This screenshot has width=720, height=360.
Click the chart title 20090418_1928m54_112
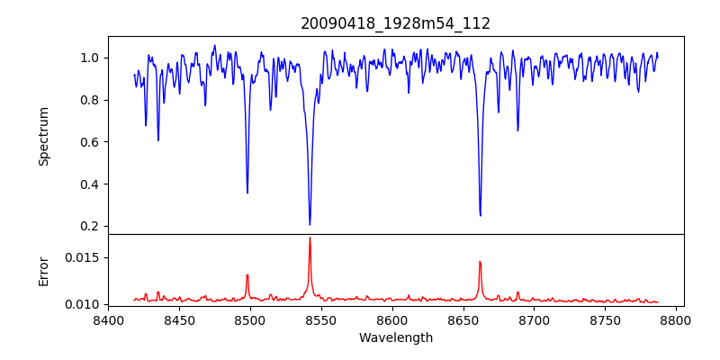(x=395, y=23)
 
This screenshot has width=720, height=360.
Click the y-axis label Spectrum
(x=43, y=136)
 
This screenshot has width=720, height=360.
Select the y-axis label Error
(x=43, y=271)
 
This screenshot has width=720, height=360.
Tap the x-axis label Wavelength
(x=395, y=338)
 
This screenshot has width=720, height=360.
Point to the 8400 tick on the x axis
(x=108, y=319)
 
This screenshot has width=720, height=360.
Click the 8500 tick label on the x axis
(x=250, y=319)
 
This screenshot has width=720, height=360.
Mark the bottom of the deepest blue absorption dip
(x=310, y=224)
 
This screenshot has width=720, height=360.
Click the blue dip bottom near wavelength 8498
(x=247, y=193)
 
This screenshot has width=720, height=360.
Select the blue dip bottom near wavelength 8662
(x=480, y=215)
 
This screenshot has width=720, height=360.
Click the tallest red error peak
(x=310, y=238)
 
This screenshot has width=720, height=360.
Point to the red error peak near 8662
(x=480, y=262)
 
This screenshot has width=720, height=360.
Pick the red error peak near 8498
(x=247, y=275)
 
